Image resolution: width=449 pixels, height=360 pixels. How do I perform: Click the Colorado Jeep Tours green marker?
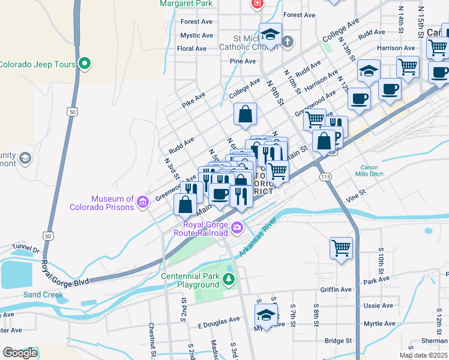click(85, 62)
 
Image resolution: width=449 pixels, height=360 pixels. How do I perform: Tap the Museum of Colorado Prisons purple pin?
click(143, 202)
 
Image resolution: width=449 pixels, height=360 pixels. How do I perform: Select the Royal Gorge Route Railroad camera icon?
click(237, 227)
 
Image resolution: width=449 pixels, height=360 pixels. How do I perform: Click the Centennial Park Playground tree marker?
click(228, 279)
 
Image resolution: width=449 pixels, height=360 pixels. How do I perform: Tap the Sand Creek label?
click(43, 295)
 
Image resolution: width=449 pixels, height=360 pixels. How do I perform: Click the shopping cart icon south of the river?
click(342, 247)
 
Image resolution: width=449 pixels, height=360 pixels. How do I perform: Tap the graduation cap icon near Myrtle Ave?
click(267, 314)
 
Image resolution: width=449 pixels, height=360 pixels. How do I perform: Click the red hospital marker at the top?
click(257, 4)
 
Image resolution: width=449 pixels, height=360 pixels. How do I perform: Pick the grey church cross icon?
click(288, 41)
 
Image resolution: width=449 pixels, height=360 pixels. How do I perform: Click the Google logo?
click(20, 353)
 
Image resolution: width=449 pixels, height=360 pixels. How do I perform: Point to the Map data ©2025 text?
click(423, 355)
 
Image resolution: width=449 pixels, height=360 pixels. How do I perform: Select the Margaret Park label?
click(187, 3)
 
